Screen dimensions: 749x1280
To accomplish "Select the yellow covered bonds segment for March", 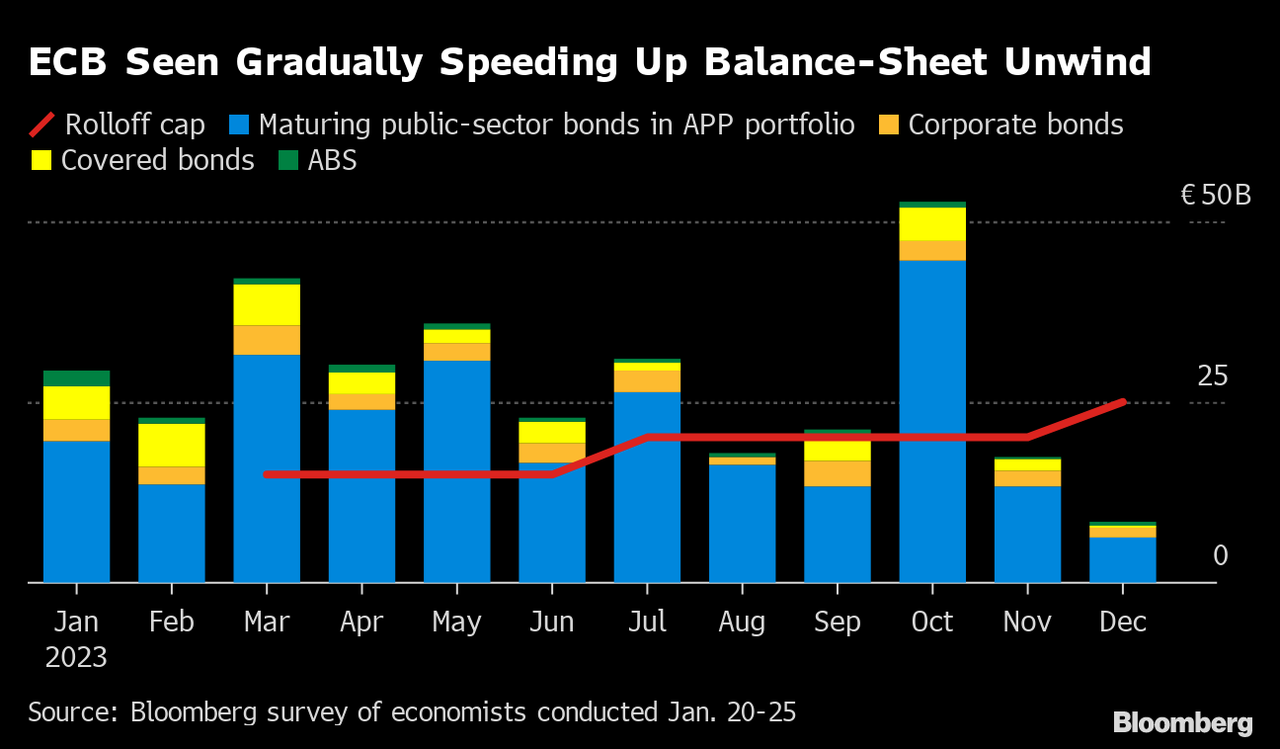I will [x=267, y=304].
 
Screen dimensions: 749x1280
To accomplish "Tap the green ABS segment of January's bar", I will [x=76, y=378].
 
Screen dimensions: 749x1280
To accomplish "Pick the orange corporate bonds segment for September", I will [x=838, y=473].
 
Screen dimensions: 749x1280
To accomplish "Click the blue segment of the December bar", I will [x=1123, y=559].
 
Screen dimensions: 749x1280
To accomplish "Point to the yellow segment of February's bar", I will [x=171, y=445].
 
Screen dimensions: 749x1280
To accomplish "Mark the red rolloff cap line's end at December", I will [x=1123, y=401].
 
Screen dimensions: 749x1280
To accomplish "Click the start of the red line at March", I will [x=267, y=474].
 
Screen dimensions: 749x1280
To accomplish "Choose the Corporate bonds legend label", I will [x=1015, y=125].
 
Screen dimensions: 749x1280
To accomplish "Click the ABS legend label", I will [x=332, y=160].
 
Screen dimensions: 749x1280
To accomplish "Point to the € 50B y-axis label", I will [x=1216, y=195].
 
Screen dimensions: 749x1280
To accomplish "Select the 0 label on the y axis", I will [x=1220, y=555].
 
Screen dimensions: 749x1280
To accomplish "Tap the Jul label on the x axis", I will [x=647, y=622].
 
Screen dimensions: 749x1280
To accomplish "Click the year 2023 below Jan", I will [x=76, y=657].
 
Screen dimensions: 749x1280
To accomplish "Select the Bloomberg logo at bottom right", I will [x=1182, y=723].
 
